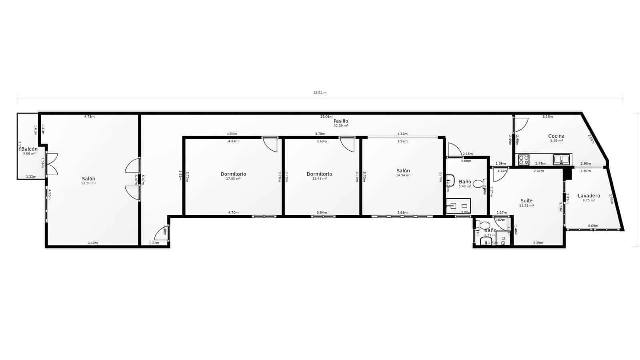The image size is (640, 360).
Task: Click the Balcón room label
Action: [x=30, y=149]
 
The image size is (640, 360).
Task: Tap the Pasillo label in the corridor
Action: [x=341, y=121]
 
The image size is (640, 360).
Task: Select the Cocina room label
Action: [x=556, y=136]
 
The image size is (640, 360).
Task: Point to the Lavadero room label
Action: [x=589, y=196]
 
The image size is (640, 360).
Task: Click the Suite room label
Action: [x=526, y=201]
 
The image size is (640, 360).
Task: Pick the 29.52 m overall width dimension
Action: [x=320, y=93]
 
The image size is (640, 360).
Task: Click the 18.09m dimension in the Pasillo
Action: [x=326, y=116]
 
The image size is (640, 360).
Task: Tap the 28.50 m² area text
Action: [x=88, y=183]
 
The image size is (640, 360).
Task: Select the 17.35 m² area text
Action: [x=233, y=178]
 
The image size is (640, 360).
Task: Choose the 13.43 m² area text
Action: [x=319, y=178]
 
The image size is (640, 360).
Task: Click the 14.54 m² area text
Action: [x=403, y=175]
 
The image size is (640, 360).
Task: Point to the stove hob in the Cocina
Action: [x=524, y=160]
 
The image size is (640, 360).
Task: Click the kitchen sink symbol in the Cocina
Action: [x=561, y=160]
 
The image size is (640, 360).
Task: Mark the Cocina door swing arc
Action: [x=521, y=124]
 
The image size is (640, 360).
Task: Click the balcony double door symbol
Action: [x=52, y=164]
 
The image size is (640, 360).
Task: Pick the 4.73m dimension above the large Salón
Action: [x=89, y=116]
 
